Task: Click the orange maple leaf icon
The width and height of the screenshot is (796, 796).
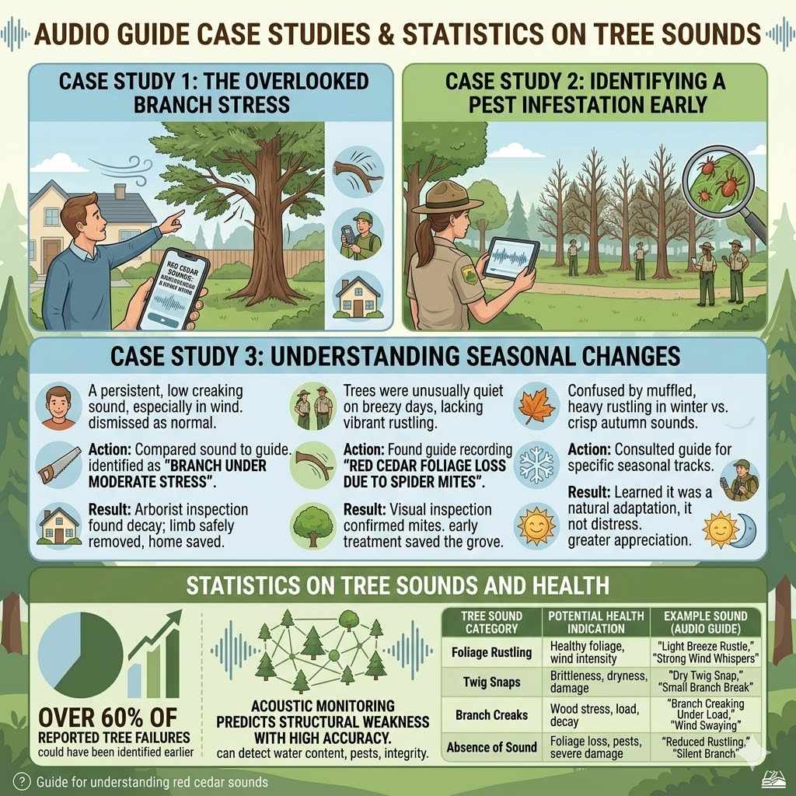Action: (537, 403)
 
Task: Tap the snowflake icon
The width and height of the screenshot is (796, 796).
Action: (537, 462)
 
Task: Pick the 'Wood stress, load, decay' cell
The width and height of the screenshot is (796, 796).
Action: (596, 715)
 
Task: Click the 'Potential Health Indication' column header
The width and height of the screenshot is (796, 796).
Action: (596, 622)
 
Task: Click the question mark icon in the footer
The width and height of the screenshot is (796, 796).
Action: (23, 781)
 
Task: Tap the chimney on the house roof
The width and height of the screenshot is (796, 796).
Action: (119, 191)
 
